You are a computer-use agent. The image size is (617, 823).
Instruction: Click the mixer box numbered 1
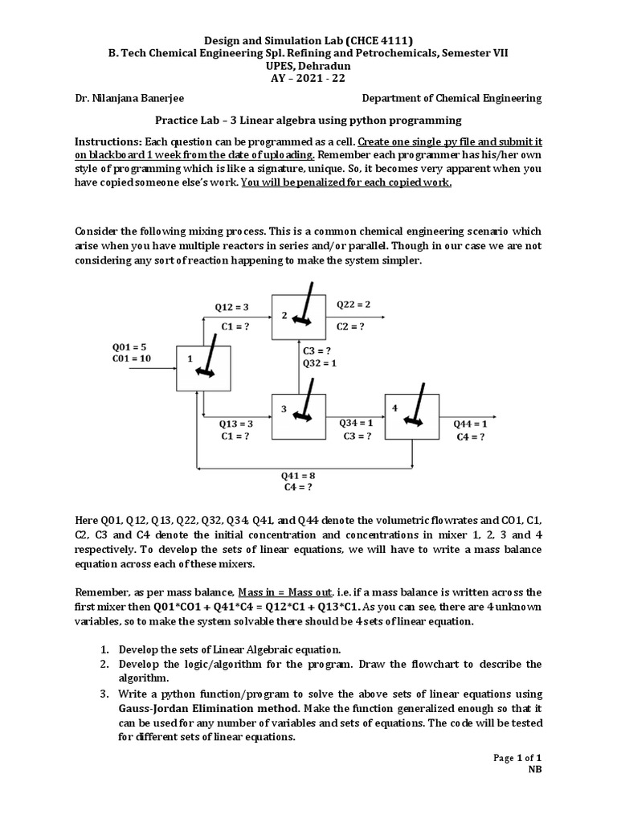point(203,366)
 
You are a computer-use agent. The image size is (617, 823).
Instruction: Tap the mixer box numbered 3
point(299,416)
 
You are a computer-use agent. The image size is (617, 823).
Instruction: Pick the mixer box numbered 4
point(411,416)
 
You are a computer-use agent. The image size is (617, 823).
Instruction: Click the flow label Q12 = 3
point(231,307)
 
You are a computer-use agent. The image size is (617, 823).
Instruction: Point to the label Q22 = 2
point(353,305)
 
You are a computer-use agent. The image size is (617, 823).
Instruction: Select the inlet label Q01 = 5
point(129,347)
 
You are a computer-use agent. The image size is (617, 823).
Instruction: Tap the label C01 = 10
point(132,358)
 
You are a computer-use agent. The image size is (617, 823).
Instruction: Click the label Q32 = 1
point(319,362)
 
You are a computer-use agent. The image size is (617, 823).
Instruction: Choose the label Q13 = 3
point(236,423)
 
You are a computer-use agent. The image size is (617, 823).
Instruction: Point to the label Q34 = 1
point(356,422)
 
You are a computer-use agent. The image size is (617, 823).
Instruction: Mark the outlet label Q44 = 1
point(471,424)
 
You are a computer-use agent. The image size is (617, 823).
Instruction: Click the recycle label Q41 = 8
point(297,475)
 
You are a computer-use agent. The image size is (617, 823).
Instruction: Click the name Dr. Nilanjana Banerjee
point(132,98)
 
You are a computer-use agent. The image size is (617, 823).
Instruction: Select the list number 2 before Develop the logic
point(104,664)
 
